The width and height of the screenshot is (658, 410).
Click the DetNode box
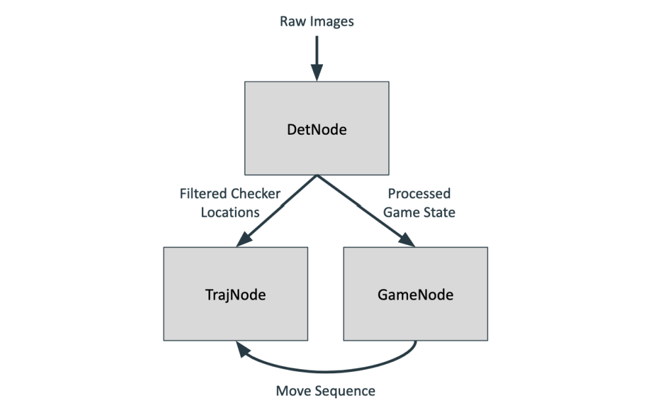pyautogui.click(x=316, y=105)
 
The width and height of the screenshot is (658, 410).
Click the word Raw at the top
pyautogui.click(x=293, y=22)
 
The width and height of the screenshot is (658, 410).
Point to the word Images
pyautogui.click(x=331, y=22)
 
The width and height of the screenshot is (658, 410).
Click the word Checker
pyautogui.click(x=256, y=194)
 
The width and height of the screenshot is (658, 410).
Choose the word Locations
pyautogui.click(x=230, y=212)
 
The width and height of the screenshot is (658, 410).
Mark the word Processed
pyautogui.click(x=419, y=194)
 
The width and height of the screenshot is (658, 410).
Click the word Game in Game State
pyautogui.click(x=400, y=212)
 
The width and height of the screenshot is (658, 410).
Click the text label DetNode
pyautogui.click(x=316, y=129)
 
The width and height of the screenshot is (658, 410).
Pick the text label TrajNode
pyautogui.click(x=236, y=295)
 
